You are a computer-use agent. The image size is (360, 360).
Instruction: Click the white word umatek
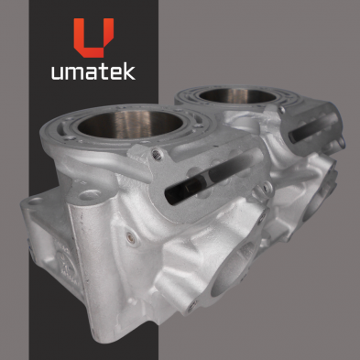(93, 71)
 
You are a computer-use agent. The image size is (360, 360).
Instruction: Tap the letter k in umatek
(129, 71)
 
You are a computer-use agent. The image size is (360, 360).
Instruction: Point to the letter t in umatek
(103, 72)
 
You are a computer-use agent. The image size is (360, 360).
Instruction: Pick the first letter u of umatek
(57, 73)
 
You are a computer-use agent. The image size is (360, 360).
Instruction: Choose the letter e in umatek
(115, 73)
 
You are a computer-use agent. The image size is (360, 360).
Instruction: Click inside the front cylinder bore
(130, 124)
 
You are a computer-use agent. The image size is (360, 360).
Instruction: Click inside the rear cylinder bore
(237, 95)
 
